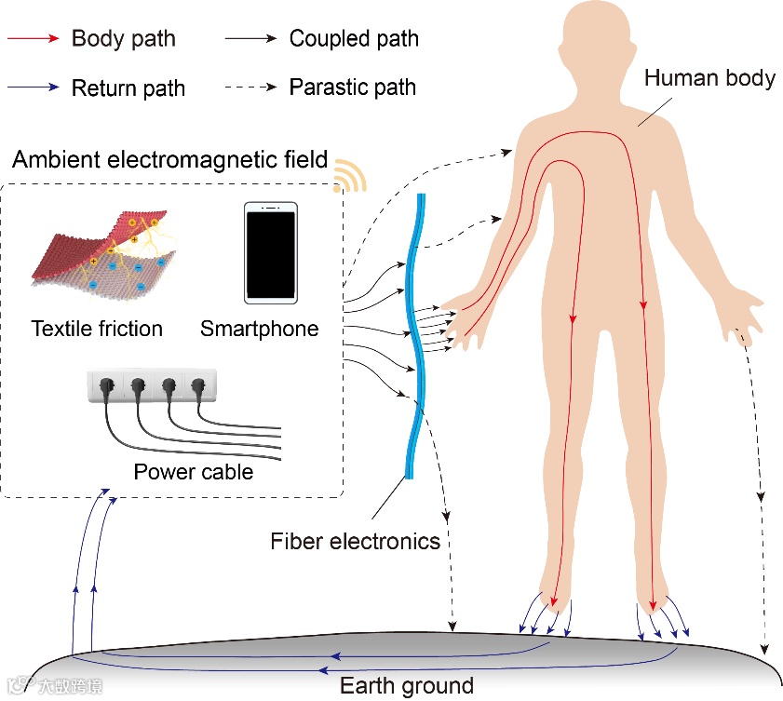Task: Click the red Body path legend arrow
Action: pyautogui.click(x=34, y=39)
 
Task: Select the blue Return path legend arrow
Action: pyautogui.click(x=34, y=89)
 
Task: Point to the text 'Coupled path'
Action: pyautogui.click(x=354, y=39)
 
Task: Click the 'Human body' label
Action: pyautogui.click(x=709, y=78)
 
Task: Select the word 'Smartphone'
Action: pyautogui.click(x=259, y=329)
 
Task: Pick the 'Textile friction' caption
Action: pyautogui.click(x=97, y=329)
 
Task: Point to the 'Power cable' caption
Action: pyautogui.click(x=194, y=472)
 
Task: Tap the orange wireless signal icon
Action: pyautogui.click(x=349, y=175)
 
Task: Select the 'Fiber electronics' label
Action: pyautogui.click(x=356, y=541)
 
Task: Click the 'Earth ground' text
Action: pyautogui.click(x=407, y=687)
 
